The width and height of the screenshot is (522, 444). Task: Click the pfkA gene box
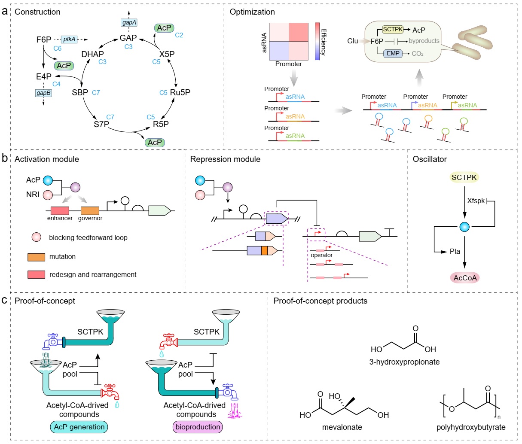pos(70,40)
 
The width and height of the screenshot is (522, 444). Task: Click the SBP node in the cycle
pos(80,92)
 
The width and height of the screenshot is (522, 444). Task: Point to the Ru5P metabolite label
pos(180,92)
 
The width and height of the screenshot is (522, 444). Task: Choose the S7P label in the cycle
pos(101,124)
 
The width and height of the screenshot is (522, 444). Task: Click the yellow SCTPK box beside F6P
pos(393,30)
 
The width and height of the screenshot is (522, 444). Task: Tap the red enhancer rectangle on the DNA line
pos(60,211)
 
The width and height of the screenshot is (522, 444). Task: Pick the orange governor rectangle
pos(90,211)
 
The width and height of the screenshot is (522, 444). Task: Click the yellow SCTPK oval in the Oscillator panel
pos(464,177)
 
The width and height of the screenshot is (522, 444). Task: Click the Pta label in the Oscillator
pos(455,251)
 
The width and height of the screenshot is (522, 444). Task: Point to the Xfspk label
pos(476,201)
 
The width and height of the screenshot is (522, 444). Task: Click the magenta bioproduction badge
pos(198,427)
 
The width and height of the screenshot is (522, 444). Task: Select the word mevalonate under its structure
pos(342,427)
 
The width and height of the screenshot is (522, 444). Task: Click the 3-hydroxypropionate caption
pos(404,362)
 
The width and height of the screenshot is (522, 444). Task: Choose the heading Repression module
pos(225,159)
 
